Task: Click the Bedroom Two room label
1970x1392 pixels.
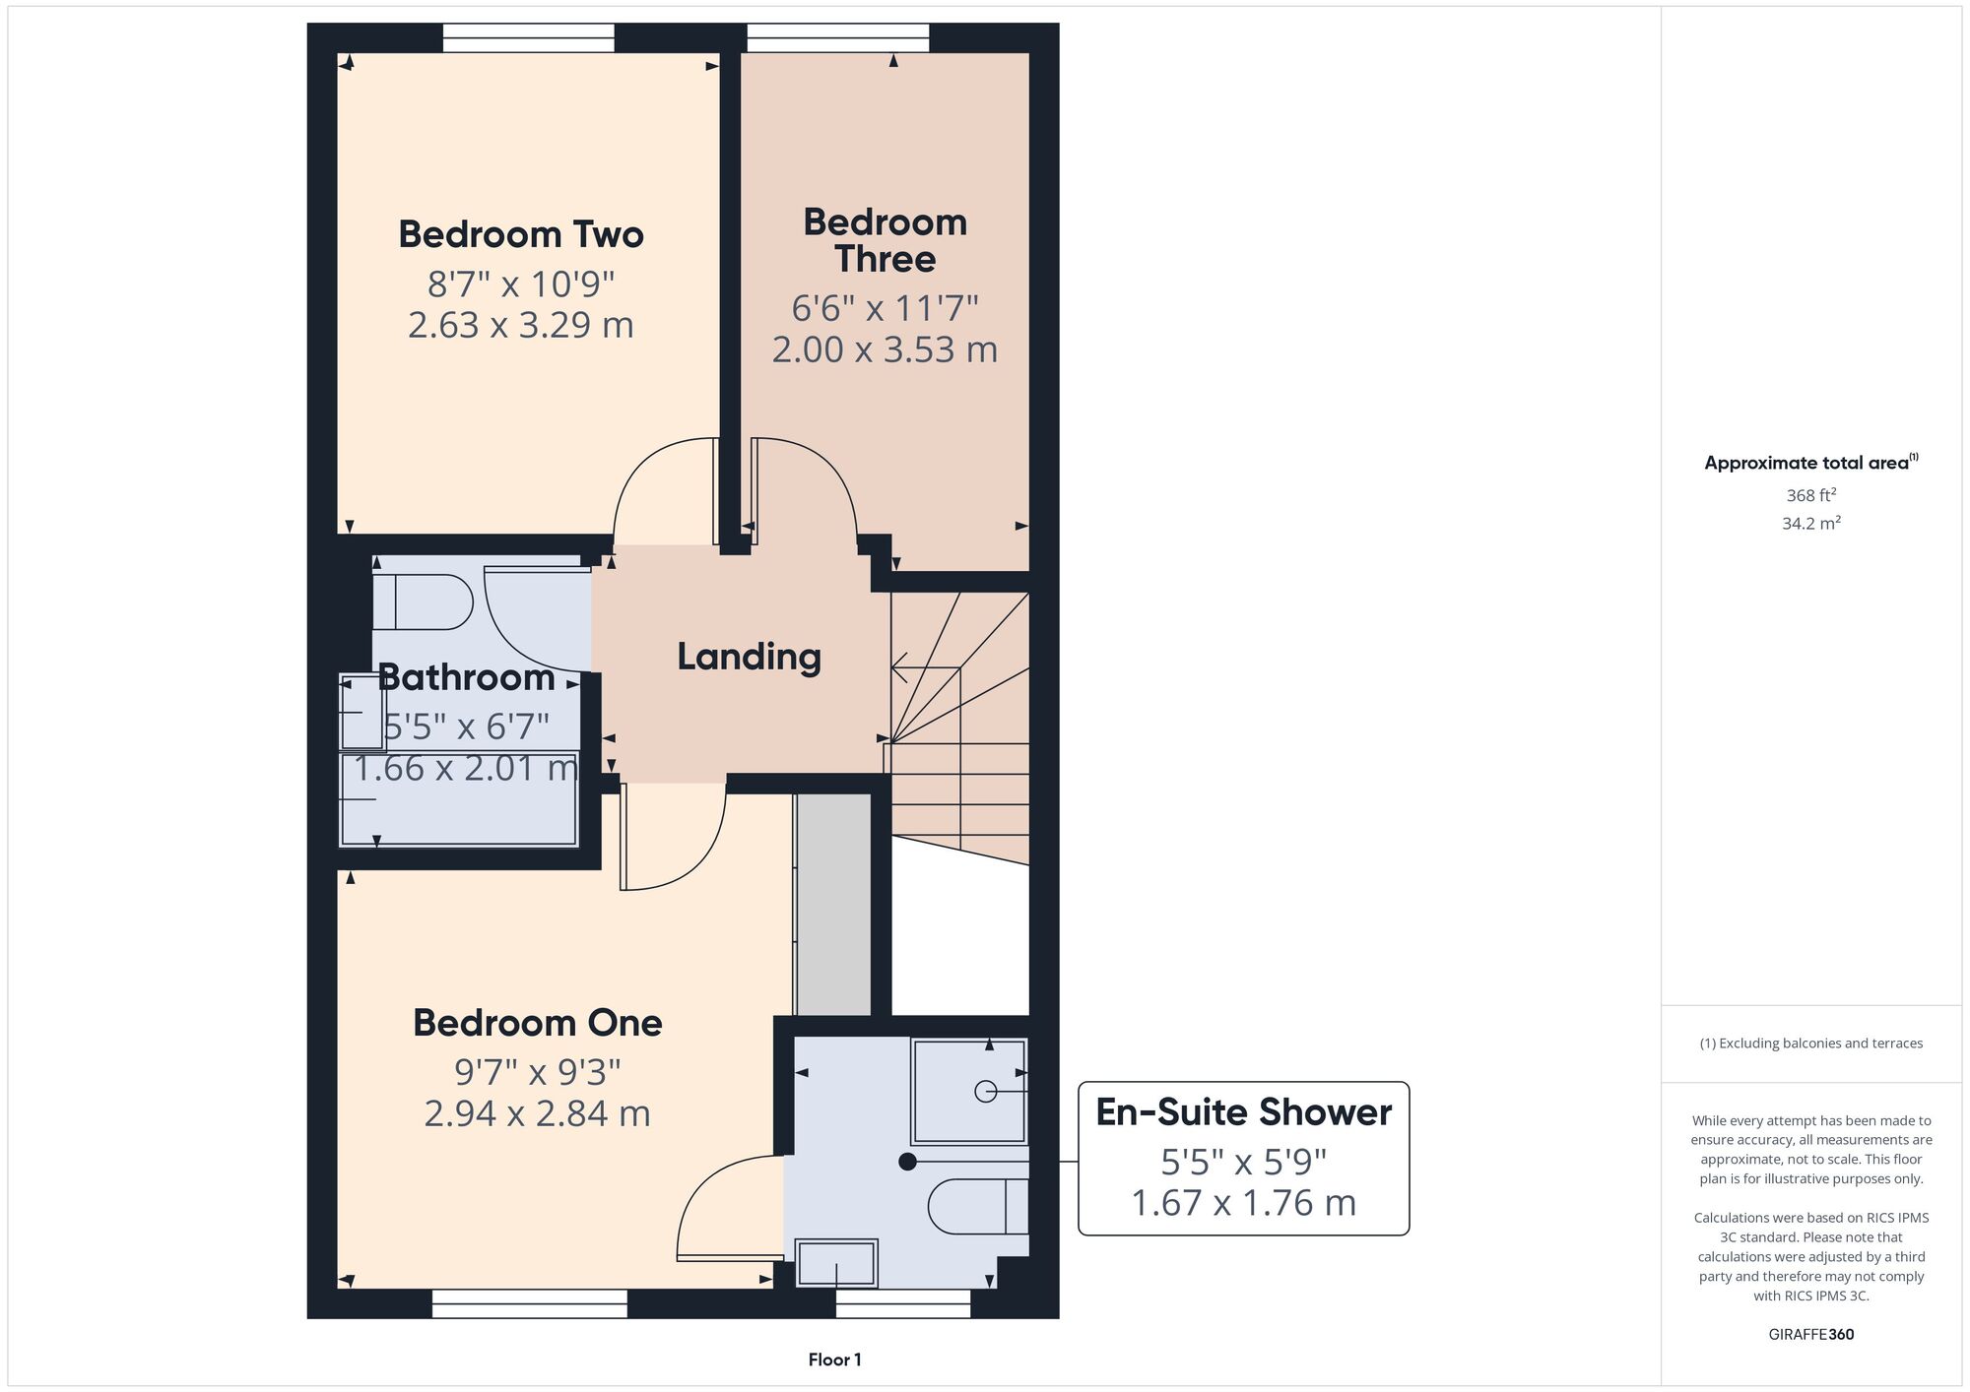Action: [x=521, y=234]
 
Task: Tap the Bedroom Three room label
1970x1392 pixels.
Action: [x=885, y=240]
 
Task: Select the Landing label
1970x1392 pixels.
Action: [x=749, y=657]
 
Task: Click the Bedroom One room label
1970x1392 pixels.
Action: [x=537, y=1023]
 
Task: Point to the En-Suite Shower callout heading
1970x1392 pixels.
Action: [x=1243, y=1112]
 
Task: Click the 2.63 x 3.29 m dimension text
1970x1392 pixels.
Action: [x=521, y=325]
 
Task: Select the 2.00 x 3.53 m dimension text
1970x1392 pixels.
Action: [x=885, y=349]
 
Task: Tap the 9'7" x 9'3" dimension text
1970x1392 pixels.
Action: [x=537, y=1071]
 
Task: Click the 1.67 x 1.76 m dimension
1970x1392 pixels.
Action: [x=1243, y=1203]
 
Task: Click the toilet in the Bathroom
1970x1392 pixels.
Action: [x=424, y=602]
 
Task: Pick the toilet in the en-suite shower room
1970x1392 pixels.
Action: [x=979, y=1206]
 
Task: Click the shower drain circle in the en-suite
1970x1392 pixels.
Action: [x=985, y=1091]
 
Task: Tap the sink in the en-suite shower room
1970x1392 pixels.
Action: [x=836, y=1263]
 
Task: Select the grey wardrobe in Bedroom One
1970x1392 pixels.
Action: [x=833, y=904]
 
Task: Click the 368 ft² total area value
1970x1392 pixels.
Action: [x=1810, y=495]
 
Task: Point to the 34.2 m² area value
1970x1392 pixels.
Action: [x=1810, y=523]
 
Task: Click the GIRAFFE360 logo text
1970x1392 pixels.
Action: [x=1810, y=1335]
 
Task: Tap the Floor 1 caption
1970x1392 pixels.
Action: [x=834, y=1360]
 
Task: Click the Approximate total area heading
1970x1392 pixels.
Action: [x=1810, y=463]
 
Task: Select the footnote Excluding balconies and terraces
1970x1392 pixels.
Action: [x=1810, y=1044]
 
